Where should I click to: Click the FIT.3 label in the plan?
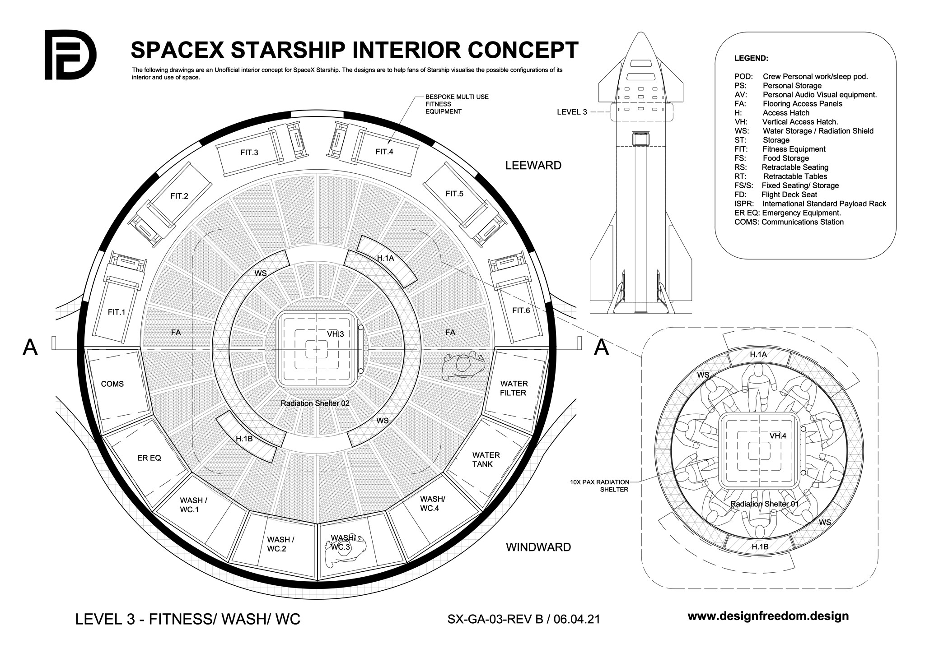pyautogui.click(x=249, y=153)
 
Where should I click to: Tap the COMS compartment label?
pyautogui.click(x=112, y=384)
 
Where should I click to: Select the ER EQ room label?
pyautogui.click(x=149, y=458)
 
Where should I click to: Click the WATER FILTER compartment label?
pyautogui.click(x=514, y=388)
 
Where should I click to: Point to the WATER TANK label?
pyautogui.click(x=486, y=459)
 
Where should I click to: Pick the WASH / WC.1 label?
pyautogui.click(x=193, y=505)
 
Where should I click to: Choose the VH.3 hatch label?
pyautogui.click(x=336, y=334)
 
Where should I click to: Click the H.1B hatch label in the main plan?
pyautogui.click(x=244, y=438)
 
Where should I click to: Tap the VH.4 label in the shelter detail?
pyautogui.click(x=778, y=435)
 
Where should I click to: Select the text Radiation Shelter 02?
pyautogui.click(x=315, y=403)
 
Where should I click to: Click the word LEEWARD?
pyautogui.click(x=533, y=166)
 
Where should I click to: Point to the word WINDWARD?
pyautogui.click(x=538, y=547)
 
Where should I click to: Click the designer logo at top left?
pyautogui.click(x=70, y=55)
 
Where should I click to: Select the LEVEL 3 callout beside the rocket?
pyautogui.click(x=572, y=112)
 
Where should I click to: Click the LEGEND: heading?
pyautogui.click(x=751, y=58)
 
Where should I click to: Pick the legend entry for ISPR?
pyautogui.click(x=810, y=204)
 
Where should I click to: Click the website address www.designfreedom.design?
pyautogui.click(x=768, y=616)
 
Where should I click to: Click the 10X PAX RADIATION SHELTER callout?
pyautogui.click(x=599, y=486)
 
